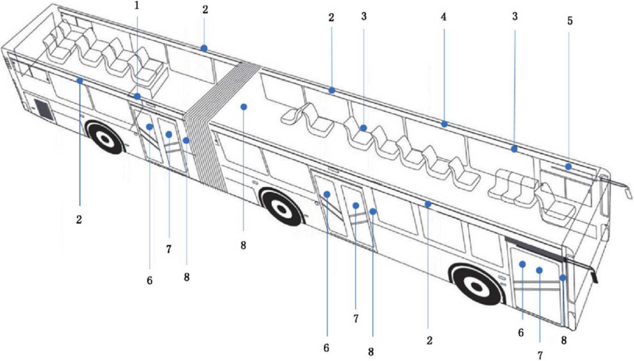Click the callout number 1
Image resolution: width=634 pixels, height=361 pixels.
click(137, 5)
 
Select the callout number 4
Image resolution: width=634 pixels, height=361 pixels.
click(443, 17)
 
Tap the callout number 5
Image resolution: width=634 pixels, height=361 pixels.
click(570, 21)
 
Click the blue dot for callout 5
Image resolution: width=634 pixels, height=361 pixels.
click(569, 167)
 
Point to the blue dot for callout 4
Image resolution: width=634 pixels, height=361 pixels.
click(444, 124)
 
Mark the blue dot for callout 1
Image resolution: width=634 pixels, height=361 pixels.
click(137, 96)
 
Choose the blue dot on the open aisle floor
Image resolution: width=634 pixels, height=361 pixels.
click(244, 107)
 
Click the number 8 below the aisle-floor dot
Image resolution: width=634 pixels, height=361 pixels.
click(243, 245)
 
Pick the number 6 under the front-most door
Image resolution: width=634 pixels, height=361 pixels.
click(521, 333)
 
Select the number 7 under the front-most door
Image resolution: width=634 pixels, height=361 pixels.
click(540, 355)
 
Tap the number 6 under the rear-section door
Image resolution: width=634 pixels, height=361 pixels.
click(150, 281)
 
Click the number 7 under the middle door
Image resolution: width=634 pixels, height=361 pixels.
click(356, 319)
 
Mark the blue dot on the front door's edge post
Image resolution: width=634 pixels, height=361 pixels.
click(562, 278)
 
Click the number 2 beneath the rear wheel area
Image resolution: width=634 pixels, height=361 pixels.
click(79, 220)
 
